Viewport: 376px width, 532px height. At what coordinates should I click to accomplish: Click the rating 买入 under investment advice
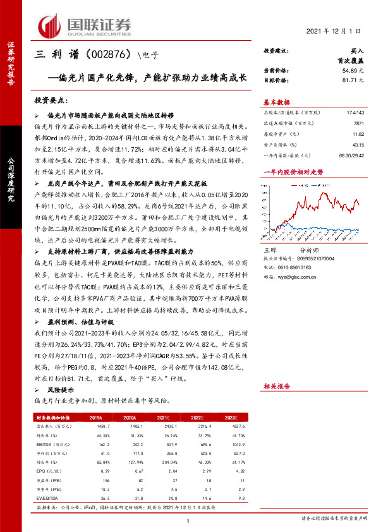click(x=357, y=50)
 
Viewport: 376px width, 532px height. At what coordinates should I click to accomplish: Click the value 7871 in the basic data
click(x=358, y=123)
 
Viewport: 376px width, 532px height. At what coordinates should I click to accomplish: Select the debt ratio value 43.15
click(x=358, y=145)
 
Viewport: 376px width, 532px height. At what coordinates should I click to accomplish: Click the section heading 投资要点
click(x=51, y=100)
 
